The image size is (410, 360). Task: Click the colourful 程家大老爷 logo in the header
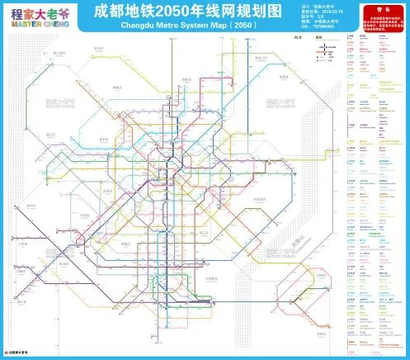(40, 14)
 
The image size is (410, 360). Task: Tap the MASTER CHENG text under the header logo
(40, 25)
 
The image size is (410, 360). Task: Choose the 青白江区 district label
(262, 58)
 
